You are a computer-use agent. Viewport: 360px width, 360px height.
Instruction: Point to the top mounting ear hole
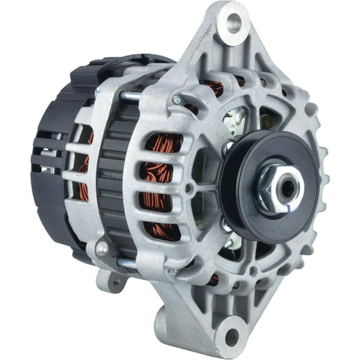pos(234,24)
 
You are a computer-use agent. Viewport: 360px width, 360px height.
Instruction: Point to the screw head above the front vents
pos(177,99)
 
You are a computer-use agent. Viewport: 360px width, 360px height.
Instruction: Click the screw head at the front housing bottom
pos(172,272)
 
